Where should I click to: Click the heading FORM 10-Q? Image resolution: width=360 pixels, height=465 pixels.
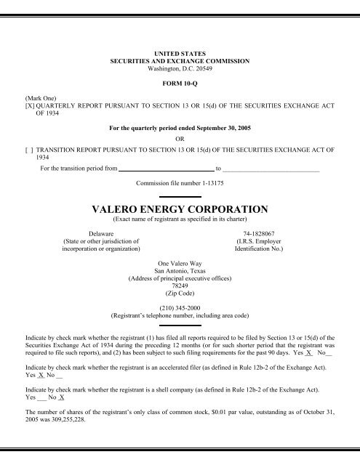tap(179, 83)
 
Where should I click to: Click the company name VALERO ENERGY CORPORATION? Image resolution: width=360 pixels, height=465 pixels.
tap(180, 209)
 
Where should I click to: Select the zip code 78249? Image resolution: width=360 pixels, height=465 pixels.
tap(179, 285)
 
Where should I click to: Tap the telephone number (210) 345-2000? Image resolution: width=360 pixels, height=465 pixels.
tap(179, 307)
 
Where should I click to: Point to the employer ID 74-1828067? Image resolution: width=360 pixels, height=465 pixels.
tap(270, 226)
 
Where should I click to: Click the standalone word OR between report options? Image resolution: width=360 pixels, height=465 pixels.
tap(180, 136)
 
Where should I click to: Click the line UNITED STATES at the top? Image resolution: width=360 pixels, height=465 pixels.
tap(179, 54)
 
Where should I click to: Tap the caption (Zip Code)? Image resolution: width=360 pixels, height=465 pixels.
tap(179, 293)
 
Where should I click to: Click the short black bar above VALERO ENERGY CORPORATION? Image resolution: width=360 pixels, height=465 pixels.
tap(179, 196)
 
